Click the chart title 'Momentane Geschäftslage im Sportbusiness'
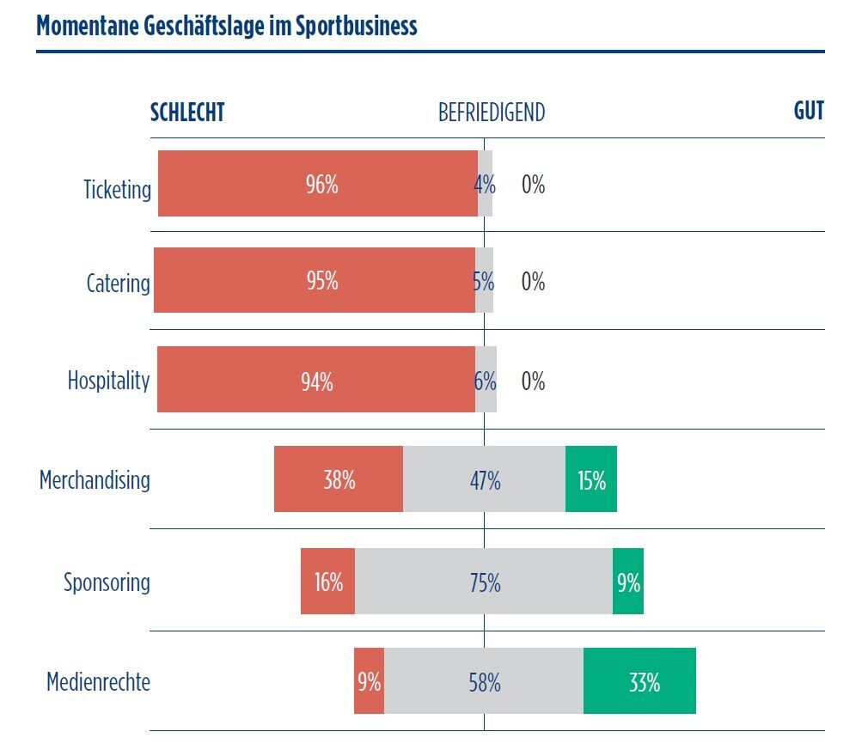point(227,26)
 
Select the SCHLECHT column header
point(187,113)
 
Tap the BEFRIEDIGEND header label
point(492,113)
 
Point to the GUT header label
point(809,112)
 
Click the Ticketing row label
point(117,189)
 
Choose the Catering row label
point(118,284)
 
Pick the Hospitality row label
point(108,381)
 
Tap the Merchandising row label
point(95,479)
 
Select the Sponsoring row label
point(107,582)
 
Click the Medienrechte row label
point(98,683)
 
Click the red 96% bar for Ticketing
point(318,184)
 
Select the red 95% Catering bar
point(315,281)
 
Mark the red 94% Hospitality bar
point(316,380)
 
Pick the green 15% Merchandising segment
point(591,479)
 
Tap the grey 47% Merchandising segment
point(484,479)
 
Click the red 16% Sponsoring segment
point(327,582)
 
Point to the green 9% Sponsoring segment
point(628,582)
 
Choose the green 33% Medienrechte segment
point(639,681)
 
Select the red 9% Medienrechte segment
point(369,681)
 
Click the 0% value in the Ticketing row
point(533,185)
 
